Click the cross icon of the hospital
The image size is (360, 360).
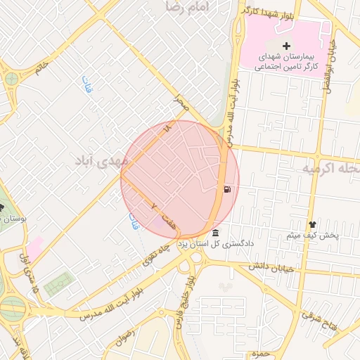tap(286, 46)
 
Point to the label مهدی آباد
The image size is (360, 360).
tap(102, 160)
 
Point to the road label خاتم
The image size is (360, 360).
tap(41, 68)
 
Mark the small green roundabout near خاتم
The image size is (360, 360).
tap(11, 78)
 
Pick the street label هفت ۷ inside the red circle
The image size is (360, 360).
tap(161, 214)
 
